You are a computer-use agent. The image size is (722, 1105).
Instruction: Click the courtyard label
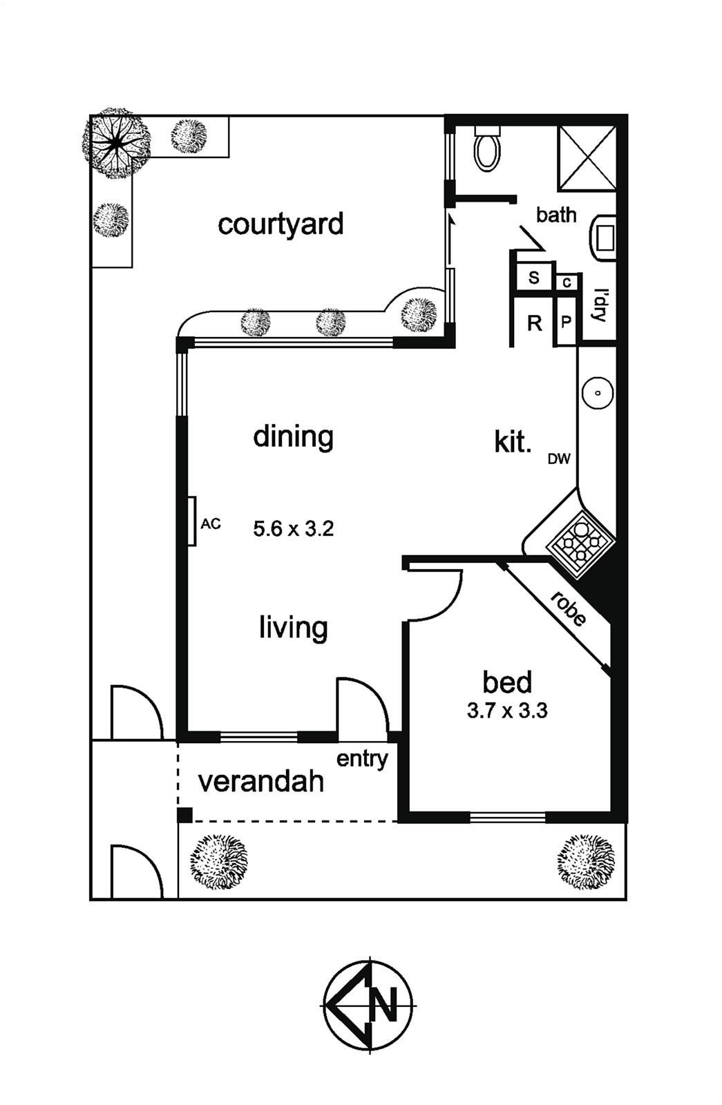281,225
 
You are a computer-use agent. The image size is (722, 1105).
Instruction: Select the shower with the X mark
587,158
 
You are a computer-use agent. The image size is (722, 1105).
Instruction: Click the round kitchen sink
598,393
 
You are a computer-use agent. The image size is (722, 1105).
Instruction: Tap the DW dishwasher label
559,459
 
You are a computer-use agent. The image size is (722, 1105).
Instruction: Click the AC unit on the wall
191,521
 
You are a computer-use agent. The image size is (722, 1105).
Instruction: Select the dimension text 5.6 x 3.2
293,529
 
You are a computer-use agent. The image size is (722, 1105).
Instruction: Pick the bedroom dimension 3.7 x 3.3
507,711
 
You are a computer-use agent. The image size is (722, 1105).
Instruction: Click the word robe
569,609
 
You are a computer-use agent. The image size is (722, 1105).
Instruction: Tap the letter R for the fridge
535,324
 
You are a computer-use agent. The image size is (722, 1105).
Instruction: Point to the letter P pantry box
566,322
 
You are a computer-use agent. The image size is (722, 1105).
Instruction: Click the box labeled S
533,277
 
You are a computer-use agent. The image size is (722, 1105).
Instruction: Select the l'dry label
598,305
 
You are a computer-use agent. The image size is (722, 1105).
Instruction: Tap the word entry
362,760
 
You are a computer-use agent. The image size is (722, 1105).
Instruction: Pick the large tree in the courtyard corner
115,143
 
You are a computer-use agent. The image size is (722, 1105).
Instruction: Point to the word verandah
260,782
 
